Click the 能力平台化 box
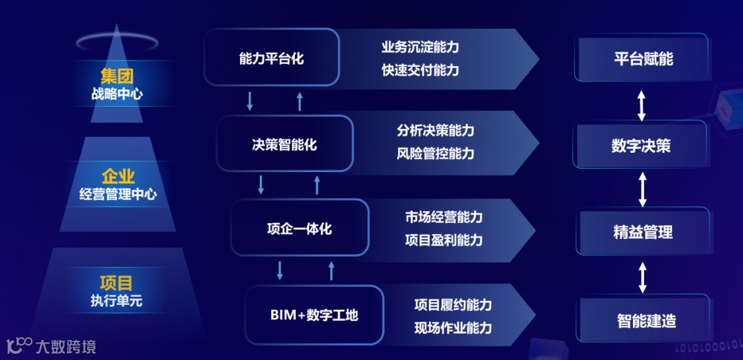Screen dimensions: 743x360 [x=272, y=58]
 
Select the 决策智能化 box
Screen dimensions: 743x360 [x=284, y=144]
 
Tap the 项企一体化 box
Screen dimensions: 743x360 [x=299, y=228]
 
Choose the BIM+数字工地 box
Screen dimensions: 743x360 [x=314, y=315]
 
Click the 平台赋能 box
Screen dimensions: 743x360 [x=643, y=58]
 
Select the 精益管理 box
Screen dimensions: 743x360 [x=643, y=232]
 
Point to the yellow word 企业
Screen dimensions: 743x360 [x=118, y=177]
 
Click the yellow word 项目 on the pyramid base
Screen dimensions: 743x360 [x=116, y=282]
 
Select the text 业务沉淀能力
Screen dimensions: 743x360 [x=420, y=47]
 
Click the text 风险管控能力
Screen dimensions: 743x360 [x=435, y=153]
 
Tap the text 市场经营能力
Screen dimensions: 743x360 [x=444, y=218]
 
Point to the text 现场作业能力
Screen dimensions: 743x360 [x=453, y=328]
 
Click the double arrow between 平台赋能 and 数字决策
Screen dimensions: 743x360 [x=641, y=105]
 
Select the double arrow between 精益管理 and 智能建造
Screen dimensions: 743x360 [x=643, y=277]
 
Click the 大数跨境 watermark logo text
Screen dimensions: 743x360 [x=66, y=346]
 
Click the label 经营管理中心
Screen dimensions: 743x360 [x=118, y=195]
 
